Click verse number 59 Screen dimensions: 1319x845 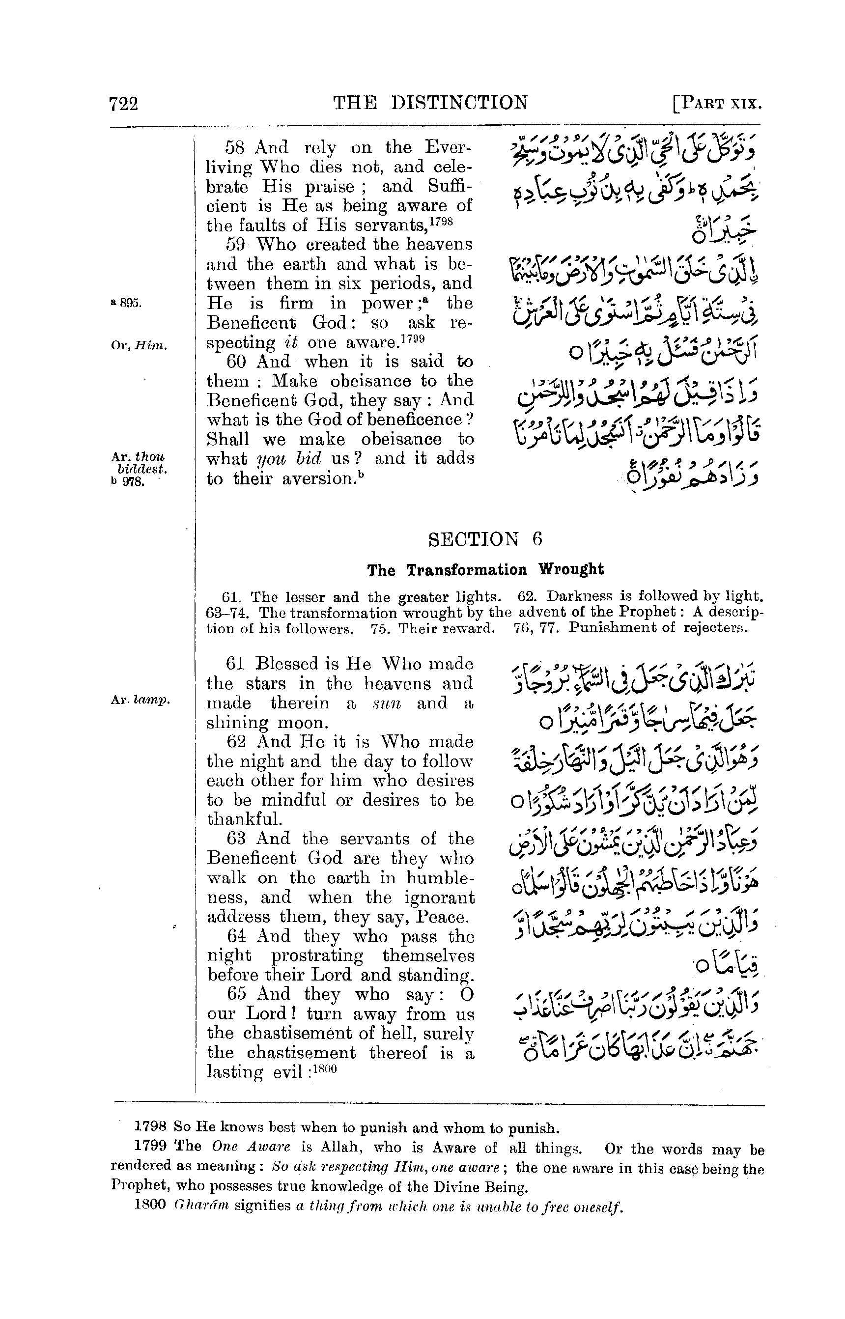coord(236,244)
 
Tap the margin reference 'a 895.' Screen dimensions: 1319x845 coord(127,304)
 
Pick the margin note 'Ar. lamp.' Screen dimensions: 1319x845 coord(141,700)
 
